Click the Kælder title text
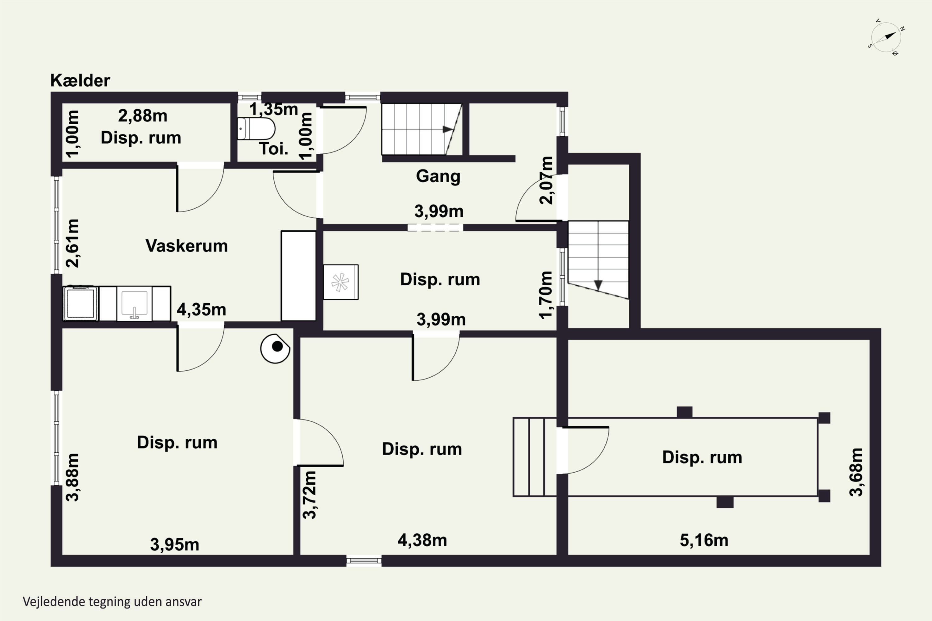click(80, 80)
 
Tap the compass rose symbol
click(886, 37)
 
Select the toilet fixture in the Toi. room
click(256, 128)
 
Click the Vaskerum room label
click(187, 246)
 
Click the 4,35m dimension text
click(201, 310)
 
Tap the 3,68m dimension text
click(856, 472)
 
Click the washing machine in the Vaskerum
click(81, 303)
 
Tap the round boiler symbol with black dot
click(275, 348)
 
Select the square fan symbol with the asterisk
click(341, 282)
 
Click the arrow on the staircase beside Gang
click(448, 129)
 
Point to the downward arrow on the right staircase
click(598, 285)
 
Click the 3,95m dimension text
click(174, 545)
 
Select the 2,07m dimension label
click(546, 180)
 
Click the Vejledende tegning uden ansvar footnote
click(112, 602)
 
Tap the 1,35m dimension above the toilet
click(273, 109)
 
